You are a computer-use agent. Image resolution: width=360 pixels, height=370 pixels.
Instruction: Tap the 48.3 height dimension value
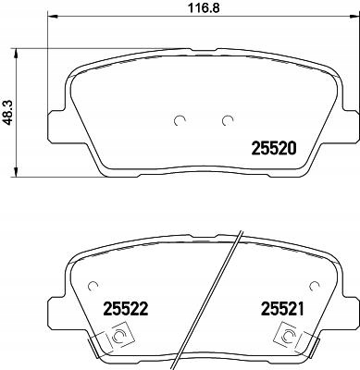click(x=8, y=112)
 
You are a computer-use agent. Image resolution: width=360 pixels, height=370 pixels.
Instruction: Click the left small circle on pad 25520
click(x=180, y=119)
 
